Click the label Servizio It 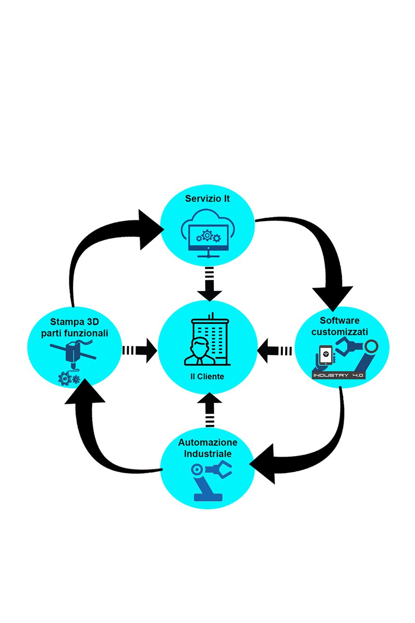point(207,199)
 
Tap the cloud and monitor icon point(207,233)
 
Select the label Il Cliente point(207,376)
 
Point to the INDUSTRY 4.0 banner point(338,375)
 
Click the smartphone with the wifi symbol point(326,355)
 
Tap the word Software point(339,321)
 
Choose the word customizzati point(339,332)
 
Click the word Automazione point(207,442)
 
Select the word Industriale point(207,453)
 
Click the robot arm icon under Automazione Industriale point(212,480)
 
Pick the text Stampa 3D point(74,322)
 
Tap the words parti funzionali point(74,333)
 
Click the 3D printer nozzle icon point(73,352)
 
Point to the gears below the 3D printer point(69,379)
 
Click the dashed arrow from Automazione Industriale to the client point(209,410)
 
